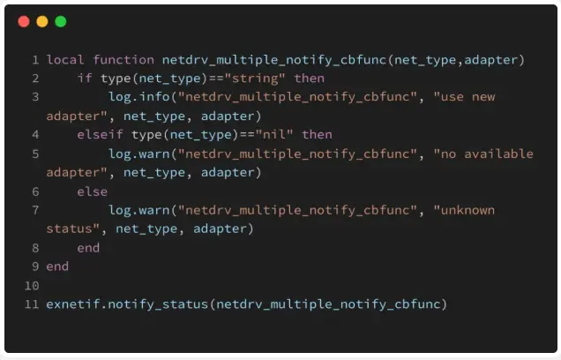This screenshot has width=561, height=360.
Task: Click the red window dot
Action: tap(24, 21)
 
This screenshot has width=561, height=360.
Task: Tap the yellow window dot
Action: tap(42, 21)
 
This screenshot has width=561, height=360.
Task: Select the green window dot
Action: tap(61, 21)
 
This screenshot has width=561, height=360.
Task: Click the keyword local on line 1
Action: tap(65, 60)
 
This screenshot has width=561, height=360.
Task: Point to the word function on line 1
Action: tap(123, 60)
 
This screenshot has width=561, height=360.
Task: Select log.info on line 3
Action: tap(138, 97)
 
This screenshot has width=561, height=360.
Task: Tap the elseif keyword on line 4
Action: tap(100, 134)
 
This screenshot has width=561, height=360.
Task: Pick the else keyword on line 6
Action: tap(92, 191)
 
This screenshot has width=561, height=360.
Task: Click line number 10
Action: tap(32, 286)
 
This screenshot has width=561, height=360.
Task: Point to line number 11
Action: tap(32, 304)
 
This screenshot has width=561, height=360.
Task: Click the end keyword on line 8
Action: tap(88, 248)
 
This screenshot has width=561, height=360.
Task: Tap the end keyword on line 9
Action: tap(57, 266)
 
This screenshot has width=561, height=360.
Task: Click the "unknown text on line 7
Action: tap(463, 210)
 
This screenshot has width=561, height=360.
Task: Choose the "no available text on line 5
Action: tap(482, 154)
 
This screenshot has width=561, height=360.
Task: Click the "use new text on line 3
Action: tap(463, 97)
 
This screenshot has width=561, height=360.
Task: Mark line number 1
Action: tap(35, 60)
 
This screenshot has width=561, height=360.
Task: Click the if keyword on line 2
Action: tap(85, 79)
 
